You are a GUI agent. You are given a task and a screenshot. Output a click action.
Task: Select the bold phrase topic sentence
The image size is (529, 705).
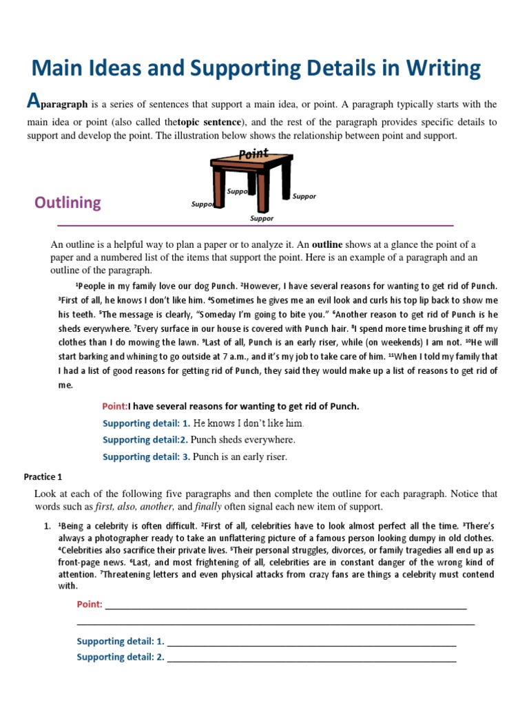coord(209,122)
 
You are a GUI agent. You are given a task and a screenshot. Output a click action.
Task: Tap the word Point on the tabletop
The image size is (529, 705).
coord(253,154)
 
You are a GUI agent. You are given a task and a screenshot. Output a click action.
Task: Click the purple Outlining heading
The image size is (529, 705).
coord(68,202)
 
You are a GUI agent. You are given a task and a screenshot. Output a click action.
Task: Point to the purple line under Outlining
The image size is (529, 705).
coord(255,225)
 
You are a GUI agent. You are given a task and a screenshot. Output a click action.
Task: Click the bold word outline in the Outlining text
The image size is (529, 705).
coord(326,244)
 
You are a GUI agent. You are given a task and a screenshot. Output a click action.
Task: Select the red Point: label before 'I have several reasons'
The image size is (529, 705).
coord(115,406)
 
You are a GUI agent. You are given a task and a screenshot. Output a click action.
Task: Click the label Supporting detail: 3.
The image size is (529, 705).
coord(146,456)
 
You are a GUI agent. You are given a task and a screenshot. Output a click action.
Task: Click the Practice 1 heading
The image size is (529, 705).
coord(43,476)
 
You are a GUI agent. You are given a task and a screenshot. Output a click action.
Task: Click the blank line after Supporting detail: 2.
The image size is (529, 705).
coord(311,657)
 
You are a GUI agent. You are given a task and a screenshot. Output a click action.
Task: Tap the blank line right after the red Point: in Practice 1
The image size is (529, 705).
coord(285,605)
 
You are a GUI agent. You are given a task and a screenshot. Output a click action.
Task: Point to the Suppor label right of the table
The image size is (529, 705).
coord(304,196)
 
